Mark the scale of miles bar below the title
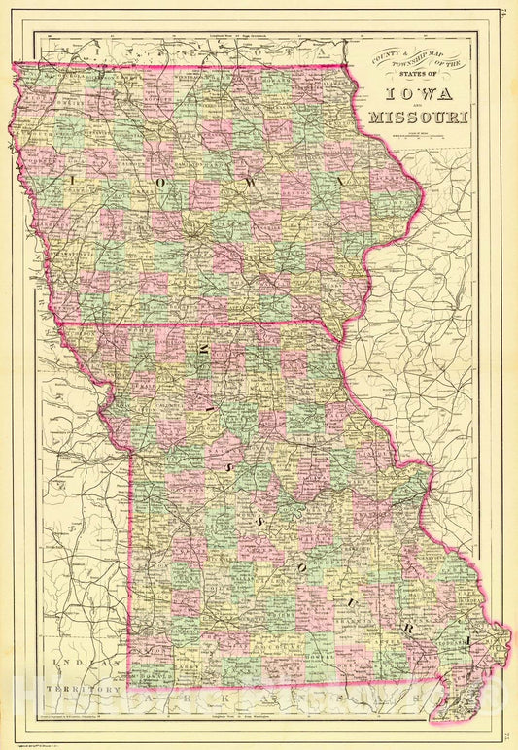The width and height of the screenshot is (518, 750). tap(419, 136)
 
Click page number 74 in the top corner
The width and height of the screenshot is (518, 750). tap(507, 13)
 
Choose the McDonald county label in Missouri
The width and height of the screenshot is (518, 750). tap(147, 677)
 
